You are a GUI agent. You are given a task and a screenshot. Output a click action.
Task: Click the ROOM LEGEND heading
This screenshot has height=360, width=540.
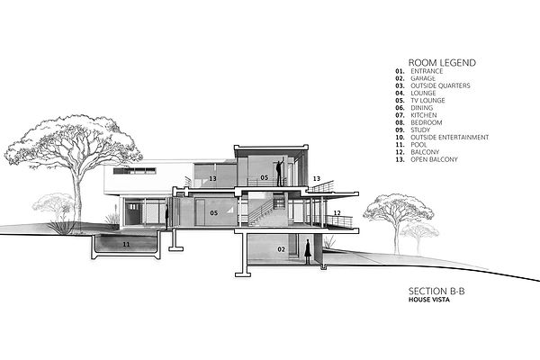pos(442,63)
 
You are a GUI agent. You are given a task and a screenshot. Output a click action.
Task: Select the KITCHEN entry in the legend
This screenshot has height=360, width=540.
pos(424,115)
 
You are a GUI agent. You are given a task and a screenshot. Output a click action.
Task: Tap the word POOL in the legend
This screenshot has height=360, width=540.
pos(418,145)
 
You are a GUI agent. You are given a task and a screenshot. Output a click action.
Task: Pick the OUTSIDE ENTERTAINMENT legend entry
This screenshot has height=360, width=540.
pos(449,137)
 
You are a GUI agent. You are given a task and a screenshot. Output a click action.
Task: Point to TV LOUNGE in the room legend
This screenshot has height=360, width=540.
pos(427,100)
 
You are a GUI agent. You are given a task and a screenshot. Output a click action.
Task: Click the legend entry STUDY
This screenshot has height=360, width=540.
pos(420,130)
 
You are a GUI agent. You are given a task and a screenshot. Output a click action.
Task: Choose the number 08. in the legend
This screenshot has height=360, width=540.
pos(400,122)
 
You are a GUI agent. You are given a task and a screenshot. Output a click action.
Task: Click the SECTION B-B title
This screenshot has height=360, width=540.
pos(436,291)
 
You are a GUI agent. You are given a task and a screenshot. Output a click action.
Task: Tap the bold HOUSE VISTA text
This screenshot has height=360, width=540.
pos(429,300)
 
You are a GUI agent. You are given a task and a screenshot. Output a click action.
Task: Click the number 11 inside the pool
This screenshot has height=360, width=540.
pos(126,244)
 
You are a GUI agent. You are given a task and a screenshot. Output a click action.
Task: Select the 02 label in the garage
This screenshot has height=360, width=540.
pos(282,249)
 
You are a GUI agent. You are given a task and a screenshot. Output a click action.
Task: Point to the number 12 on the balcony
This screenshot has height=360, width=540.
pos(337,213)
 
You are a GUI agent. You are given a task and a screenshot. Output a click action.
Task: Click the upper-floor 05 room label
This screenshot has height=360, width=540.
pos(264,178)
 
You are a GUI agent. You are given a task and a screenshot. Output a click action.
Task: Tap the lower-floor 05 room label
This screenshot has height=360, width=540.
pos(214,213)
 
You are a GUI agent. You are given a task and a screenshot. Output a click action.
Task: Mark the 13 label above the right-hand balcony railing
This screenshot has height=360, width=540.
pos(317,179)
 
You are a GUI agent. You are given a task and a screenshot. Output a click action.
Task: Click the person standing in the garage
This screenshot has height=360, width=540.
pos(308,252)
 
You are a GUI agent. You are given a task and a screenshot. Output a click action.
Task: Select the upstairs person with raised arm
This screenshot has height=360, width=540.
pos(280,172)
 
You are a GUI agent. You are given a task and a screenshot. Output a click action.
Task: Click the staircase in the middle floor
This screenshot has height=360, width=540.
pos(261,213)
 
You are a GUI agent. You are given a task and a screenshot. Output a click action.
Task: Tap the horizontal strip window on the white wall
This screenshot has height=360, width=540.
pos(135,171)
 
